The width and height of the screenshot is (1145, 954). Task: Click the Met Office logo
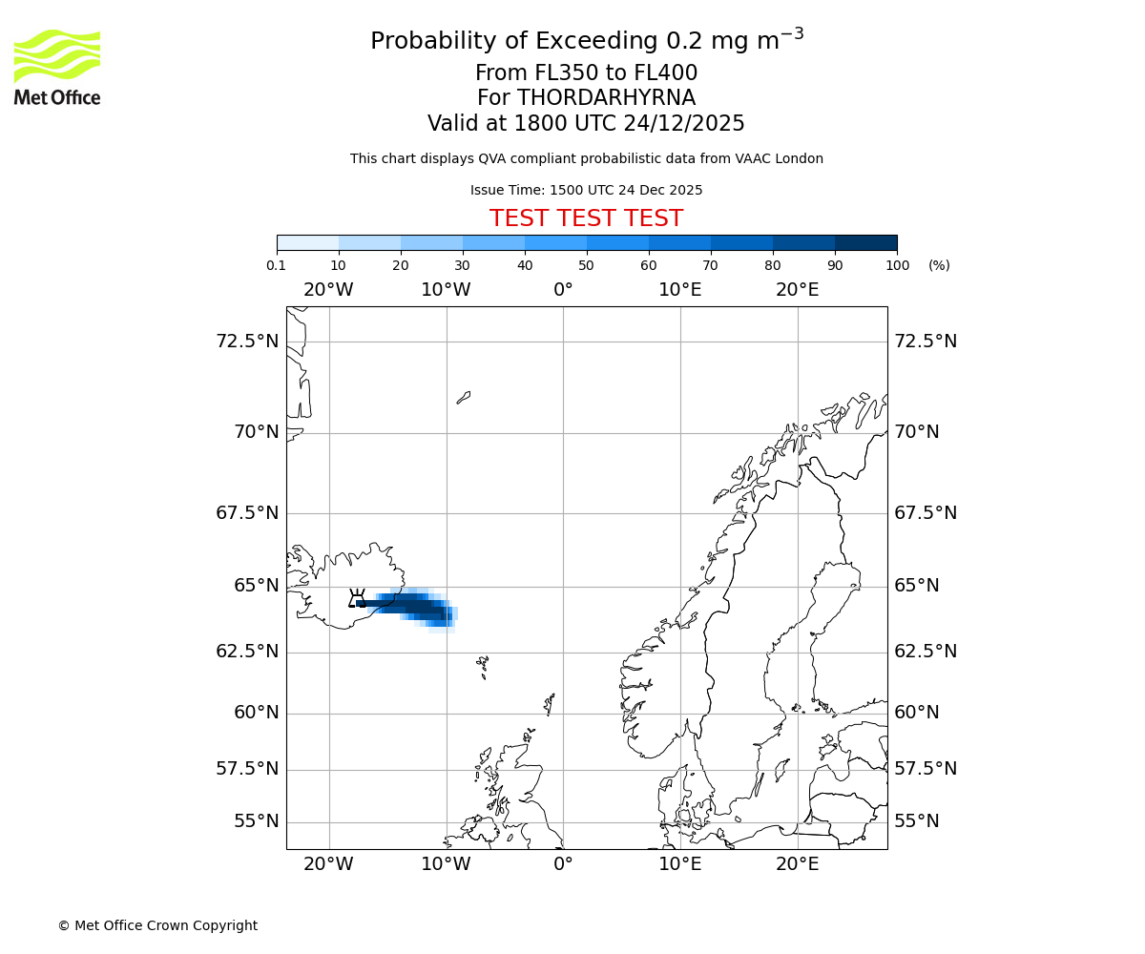click(57, 67)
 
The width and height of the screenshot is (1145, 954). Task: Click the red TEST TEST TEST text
click(586, 218)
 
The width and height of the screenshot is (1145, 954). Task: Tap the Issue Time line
click(586, 190)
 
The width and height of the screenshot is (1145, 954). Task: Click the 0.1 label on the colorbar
click(277, 265)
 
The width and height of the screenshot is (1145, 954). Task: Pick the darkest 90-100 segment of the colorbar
click(865, 242)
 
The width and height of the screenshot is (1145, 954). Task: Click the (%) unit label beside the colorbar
click(939, 265)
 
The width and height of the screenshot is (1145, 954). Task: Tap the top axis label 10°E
click(680, 289)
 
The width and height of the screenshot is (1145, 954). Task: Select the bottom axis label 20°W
click(328, 864)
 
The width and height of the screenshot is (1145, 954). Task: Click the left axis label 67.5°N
click(247, 513)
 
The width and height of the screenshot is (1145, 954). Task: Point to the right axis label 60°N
click(916, 713)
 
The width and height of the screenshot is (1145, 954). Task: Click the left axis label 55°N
click(256, 821)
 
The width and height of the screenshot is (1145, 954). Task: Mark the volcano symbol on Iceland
click(357, 599)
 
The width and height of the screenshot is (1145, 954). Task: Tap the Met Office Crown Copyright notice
click(157, 925)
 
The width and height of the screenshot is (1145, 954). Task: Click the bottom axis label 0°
click(563, 864)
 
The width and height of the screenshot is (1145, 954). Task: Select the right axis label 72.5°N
click(926, 342)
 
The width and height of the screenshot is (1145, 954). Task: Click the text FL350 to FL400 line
click(586, 73)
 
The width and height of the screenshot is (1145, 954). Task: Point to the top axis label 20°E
click(797, 289)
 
